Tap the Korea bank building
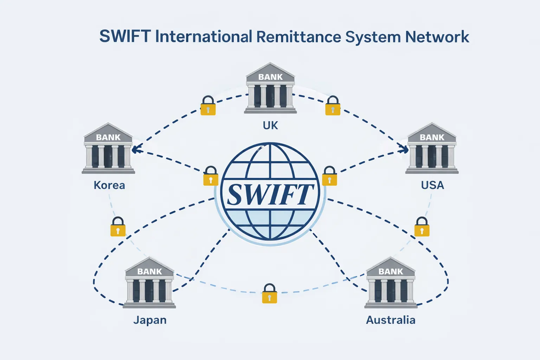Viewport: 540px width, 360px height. [108, 149]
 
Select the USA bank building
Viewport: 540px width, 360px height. [432, 149]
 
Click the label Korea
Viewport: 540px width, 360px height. [109, 185]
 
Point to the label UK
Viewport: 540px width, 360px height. [270, 126]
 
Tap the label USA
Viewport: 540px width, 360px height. [432, 185]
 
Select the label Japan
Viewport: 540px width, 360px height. [150, 320]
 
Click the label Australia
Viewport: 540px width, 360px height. [391, 320]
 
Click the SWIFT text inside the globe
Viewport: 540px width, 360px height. [270, 194]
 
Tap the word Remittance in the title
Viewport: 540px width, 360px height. [299, 37]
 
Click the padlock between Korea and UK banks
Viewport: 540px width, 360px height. [208, 106]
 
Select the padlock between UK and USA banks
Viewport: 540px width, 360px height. [333, 106]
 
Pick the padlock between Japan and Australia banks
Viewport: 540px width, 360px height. [270, 294]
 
